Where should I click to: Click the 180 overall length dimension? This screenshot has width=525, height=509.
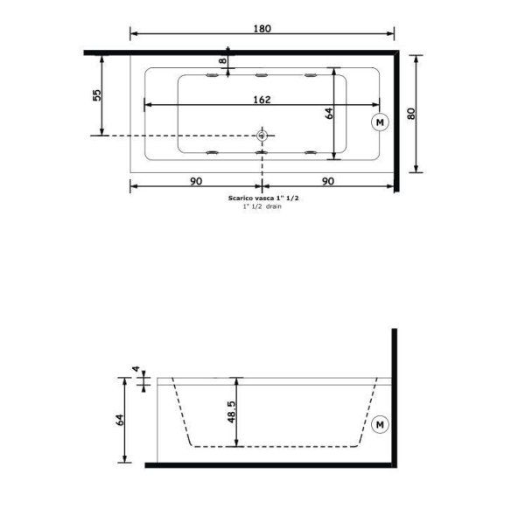click(x=262, y=28)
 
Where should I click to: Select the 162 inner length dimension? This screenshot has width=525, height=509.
click(x=261, y=99)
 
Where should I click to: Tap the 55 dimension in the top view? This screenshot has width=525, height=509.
click(x=98, y=94)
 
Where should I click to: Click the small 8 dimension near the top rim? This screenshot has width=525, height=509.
click(x=222, y=61)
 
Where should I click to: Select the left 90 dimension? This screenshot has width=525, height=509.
click(x=195, y=181)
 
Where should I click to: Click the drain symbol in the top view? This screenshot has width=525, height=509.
click(x=262, y=136)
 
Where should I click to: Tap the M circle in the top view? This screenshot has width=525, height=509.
click(x=380, y=122)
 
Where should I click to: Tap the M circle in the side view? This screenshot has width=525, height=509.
click(x=380, y=425)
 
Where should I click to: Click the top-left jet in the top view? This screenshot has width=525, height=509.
click(x=211, y=77)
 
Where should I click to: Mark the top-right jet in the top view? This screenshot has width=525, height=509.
click(x=311, y=77)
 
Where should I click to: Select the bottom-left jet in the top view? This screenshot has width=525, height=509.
click(x=211, y=153)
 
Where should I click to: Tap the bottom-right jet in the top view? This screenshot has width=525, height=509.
click(x=311, y=153)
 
